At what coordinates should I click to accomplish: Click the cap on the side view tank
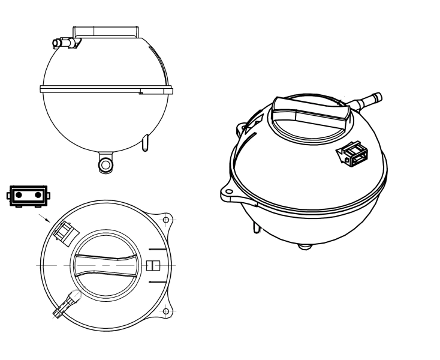[106, 32]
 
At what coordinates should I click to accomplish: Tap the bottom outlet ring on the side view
[106, 164]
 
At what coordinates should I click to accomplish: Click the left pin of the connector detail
[19, 196]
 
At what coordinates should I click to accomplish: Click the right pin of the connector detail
[38, 196]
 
